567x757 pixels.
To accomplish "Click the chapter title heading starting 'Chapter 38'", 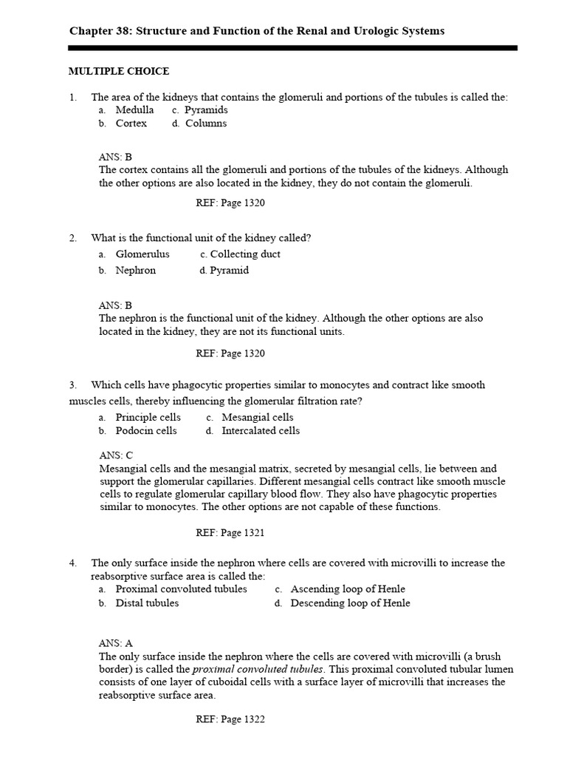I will pyautogui.click(x=256, y=30).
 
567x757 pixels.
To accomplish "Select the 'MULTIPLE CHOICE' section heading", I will pyautogui.click(x=119, y=71).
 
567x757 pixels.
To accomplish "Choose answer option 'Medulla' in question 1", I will pyautogui.click(x=134, y=110).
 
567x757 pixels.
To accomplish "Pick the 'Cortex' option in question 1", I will pyautogui.click(x=131, y=123).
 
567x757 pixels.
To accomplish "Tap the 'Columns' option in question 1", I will pyautogui.click(x=205, y=123).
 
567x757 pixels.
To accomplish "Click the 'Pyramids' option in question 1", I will pyautogui.click(x=206, y=110).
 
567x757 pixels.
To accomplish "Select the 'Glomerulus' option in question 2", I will pyautogui.click(x=142, y=254).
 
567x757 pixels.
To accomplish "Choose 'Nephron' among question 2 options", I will pyautogui.click(x=135, y=271).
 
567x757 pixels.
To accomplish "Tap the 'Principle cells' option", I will pyautogui.click(x=148, y=418).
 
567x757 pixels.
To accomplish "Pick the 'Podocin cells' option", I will pyautogui.click(x=145, y=431).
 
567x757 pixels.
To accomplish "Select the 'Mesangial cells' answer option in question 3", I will pyautogui.click(x=257, y=418).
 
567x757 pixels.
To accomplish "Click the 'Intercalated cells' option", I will pyautogui.click(x=261, y=431).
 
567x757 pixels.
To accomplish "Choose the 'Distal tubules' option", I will pyautogui.click(x=147, y=603).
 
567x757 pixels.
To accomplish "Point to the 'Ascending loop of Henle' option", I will pyautogui.click(x=348, y=589).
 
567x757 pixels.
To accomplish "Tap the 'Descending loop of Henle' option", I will pyautogui.click(x=350, y=603).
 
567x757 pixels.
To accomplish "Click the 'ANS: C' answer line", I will pyautogui.click(x=116, y=455).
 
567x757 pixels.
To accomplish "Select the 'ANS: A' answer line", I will pyautogui.click(x=116, y=643).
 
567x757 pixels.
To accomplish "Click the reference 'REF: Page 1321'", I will pyautogui.click(x=230, y=532).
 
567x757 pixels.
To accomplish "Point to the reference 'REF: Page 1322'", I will pyautogui.click(x=230, y=719).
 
